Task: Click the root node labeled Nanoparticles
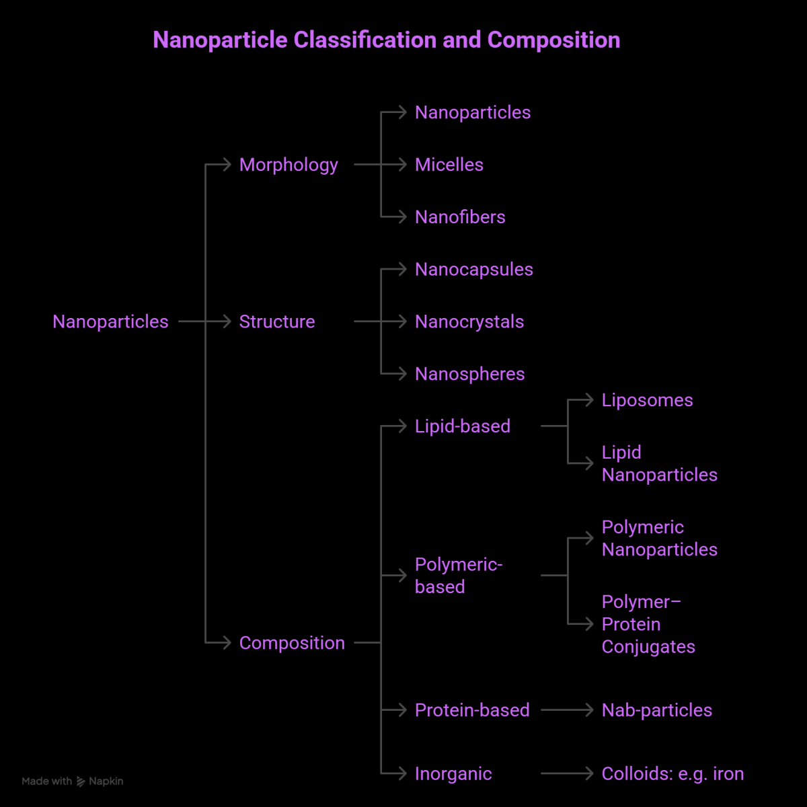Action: [x=110, y=321]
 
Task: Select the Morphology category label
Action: [x=289, y=165]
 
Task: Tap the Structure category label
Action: [x=277, y=321]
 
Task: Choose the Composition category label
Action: [x=292, y=643]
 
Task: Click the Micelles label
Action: [x=449, y=165]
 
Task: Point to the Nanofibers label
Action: [x=460, y=217]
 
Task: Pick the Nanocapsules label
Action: [x=474, y=270]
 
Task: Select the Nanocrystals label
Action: [x=469, y=321]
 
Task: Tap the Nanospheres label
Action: [x=470, y=374]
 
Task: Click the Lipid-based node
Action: [x=463, y=426]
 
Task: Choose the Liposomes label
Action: [x=647, y=400]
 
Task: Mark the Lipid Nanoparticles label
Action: [x=659, y=463]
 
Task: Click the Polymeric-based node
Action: [x=459, y=576]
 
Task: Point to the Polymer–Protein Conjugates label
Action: [x=648, y=624]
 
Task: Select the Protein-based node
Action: [x=472, y=710]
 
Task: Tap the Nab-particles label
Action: [x=657, y=710]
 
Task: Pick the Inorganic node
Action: [x=453, y=774]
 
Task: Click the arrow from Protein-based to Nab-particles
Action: [x=566, y=710]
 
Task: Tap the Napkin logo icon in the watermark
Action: [x=81, y=781]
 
